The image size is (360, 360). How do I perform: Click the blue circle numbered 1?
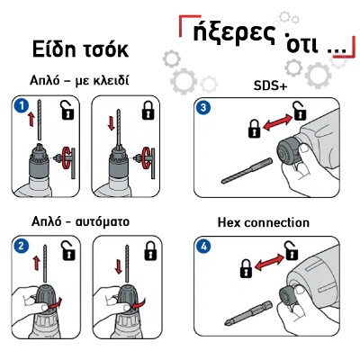pos(22,106)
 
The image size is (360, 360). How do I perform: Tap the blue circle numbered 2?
pos(22,247)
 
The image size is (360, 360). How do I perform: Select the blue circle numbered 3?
pos(203,107)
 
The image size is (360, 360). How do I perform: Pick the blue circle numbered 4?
pos(203,247)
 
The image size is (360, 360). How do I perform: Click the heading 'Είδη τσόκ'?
pos(80,49)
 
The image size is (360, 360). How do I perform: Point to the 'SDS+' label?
pos(270,86)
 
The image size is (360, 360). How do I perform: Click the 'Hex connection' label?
pos(263,222)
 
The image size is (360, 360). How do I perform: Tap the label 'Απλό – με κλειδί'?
pos(79,80)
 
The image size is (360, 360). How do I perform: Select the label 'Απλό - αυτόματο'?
pos(80,222)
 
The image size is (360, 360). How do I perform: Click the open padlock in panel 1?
pos(67,111)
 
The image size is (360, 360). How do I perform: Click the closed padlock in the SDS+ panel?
pos(254,129)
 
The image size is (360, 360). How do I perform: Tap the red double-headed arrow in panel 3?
pos(277,123)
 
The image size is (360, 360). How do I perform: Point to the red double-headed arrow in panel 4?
pos(269,262)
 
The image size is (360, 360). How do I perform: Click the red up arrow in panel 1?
pos(31,120)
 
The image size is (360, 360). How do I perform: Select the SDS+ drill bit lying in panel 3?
pos(247,171)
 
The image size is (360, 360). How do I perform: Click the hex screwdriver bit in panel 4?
pos(248,313)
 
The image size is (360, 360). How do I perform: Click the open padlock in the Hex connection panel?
pos(291,250)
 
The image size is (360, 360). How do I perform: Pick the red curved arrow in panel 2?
pos(56,303)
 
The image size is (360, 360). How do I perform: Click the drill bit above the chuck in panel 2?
pos(46,263)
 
